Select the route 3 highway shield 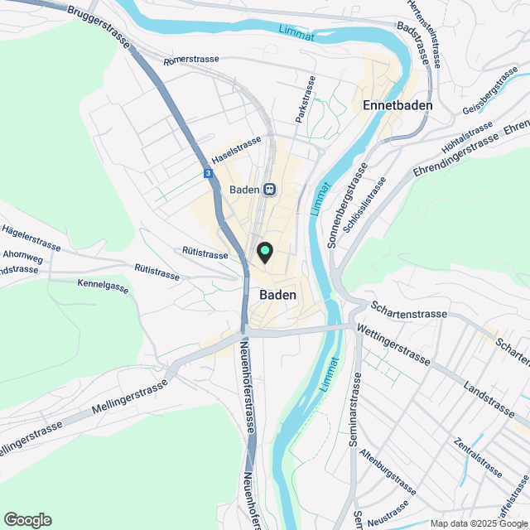click(x=208, y=173)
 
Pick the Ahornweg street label click(x=22, y=256)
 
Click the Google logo click(x=27, y=520)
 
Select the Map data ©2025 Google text click(x=478, y=523)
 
